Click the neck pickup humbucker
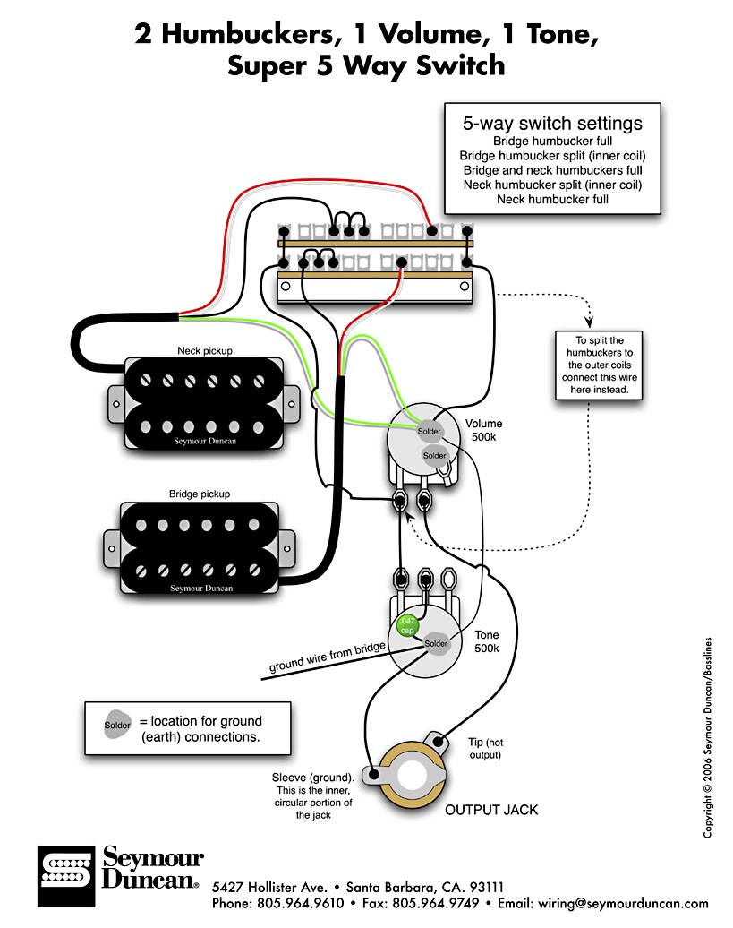(200, 402)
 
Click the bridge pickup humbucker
(200, 547)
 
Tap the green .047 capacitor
(408, 624)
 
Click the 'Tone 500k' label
(487, 640)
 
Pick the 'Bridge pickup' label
(200, 494)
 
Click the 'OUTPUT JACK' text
(491, 810)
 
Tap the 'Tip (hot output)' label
(485, 749)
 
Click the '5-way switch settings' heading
(552, 124)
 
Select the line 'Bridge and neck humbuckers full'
(552, 170)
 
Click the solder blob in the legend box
(116, 724)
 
